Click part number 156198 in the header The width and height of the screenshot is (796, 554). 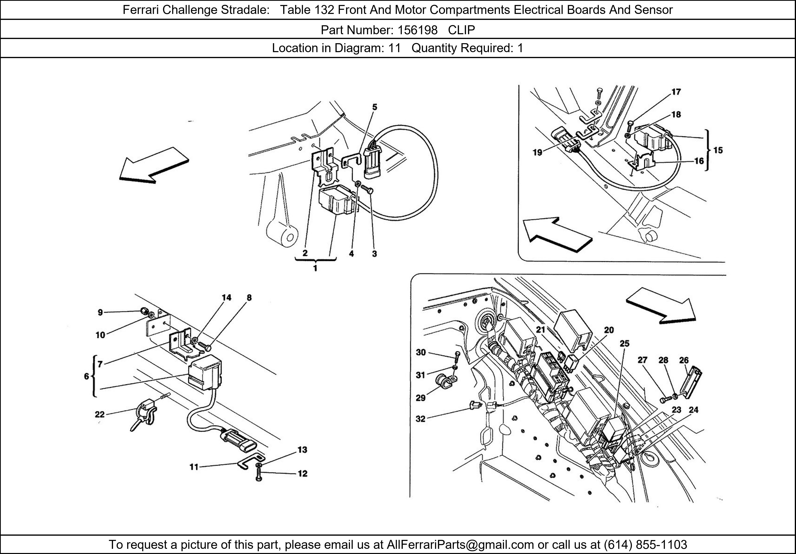418,30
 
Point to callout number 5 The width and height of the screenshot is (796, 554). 375,107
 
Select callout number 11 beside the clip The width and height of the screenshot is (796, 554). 194,467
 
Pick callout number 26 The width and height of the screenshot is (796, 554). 684,360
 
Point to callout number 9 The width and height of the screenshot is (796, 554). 100,312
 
